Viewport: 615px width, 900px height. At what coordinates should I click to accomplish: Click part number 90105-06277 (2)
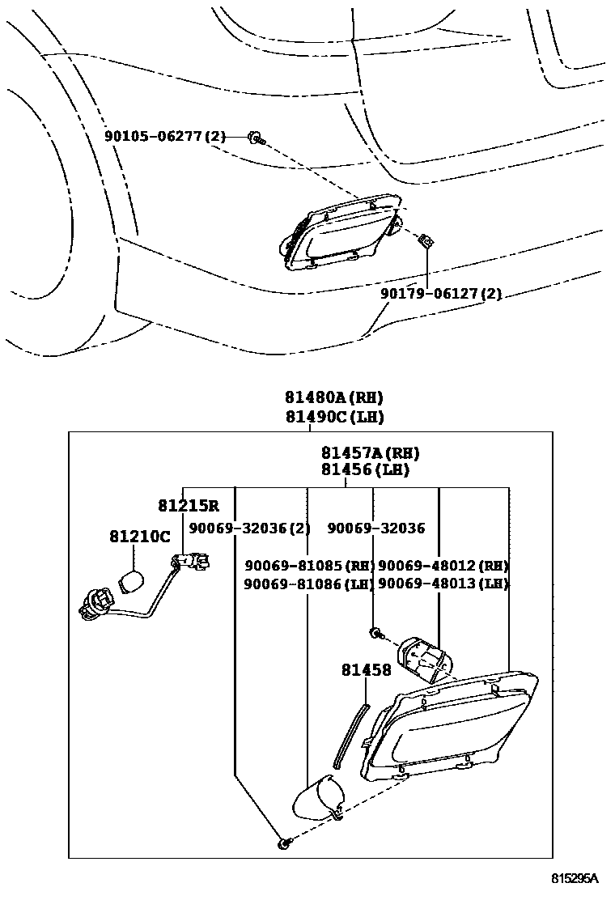pos(164,137)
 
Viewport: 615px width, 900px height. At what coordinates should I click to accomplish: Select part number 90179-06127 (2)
pos(441,294)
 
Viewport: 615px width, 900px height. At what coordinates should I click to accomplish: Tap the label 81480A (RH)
pos(333,397)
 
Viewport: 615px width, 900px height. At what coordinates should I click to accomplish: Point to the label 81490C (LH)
pos(333,417)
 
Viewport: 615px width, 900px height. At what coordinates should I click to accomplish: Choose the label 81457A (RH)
pos(370,453)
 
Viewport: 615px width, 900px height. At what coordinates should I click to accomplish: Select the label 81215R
pos(188,506)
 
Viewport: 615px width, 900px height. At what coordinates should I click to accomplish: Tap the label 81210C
pos(139,537)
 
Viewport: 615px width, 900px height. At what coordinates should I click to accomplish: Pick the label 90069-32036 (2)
pos(249,528)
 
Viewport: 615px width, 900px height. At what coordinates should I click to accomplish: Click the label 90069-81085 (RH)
pos(308,565)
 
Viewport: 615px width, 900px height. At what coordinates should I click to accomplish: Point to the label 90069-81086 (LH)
pos(308,583)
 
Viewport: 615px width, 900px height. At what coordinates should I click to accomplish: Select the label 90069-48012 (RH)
pos(443,565)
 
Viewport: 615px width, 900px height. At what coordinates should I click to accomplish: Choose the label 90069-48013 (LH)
pos(443,583)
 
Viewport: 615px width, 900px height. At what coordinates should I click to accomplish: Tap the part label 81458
pos(366,670)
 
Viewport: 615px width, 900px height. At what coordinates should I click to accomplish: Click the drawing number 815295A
pos(575,878)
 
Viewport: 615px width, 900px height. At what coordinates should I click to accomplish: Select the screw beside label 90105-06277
pos(257,138)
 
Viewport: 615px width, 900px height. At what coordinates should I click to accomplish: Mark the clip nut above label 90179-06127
pos(423,240)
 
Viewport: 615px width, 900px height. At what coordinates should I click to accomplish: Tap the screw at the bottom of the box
pos(284,844)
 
